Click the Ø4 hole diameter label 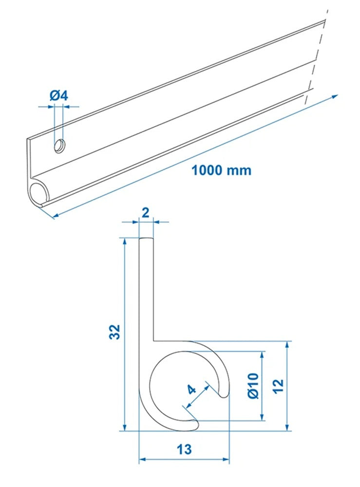click(58, 95)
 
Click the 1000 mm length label click(221, 170)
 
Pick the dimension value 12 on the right click(278, 387)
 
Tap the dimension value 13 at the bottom click(184, 449)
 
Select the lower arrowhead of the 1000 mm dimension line click(55, 216)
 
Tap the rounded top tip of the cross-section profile click(146, 240)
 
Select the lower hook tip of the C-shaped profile click(194, 425)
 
